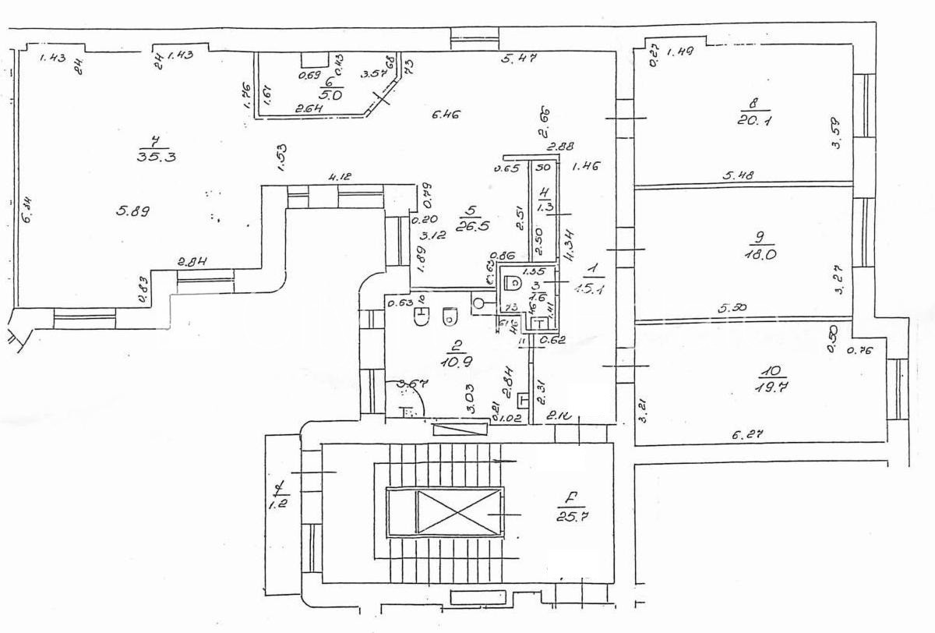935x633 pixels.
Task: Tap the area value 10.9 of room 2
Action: pyautogui.click(x=450, y=362)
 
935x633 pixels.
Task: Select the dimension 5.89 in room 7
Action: pyautogui.click(x=133, y=210)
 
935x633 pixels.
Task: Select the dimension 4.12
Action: pyautogui.click(x=339, y=178)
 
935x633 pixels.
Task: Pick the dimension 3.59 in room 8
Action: pyautogui.click(x=838, y=133)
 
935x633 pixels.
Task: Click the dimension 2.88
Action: pyautogui.click(x=560, y=146)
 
